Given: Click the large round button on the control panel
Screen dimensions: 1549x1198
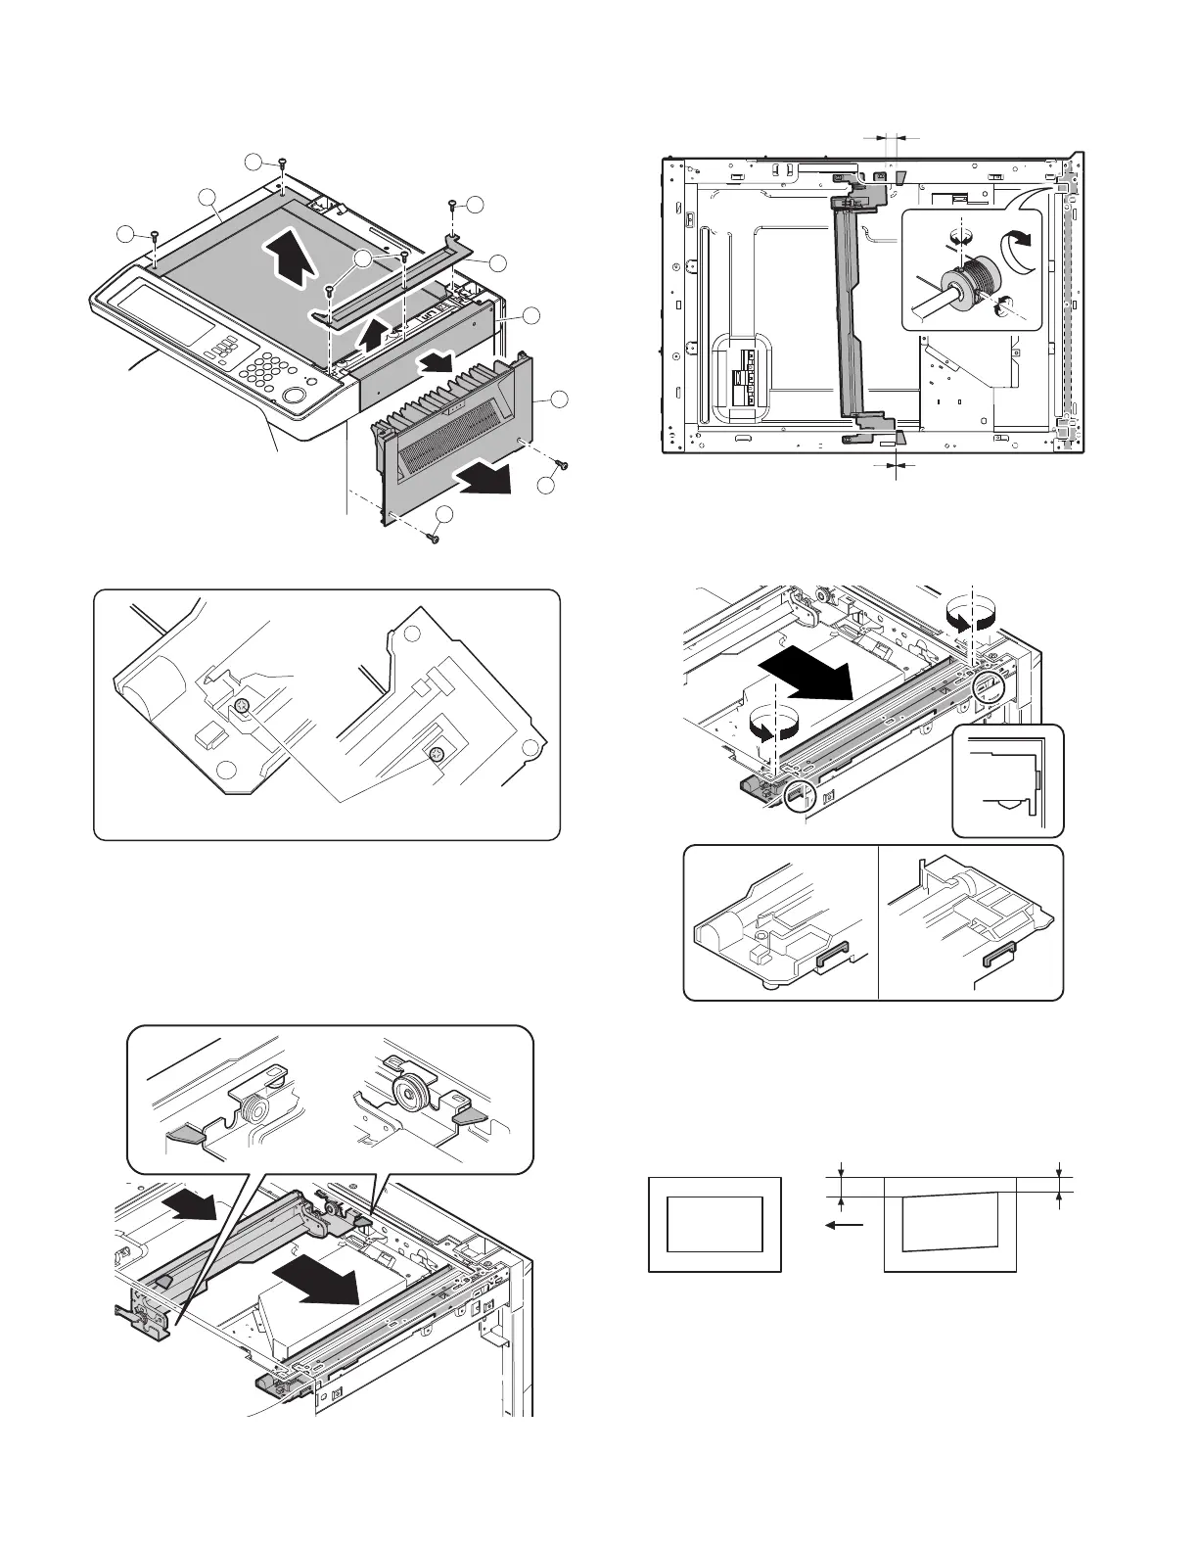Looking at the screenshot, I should [293, 396].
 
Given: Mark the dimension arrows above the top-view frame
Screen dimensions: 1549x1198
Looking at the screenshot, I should [891, 139].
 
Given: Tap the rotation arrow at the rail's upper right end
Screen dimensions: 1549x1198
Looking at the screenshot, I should [972, 616].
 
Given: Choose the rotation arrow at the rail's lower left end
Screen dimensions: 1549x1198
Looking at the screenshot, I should [773, 726].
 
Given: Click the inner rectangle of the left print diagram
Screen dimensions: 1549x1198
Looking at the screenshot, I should [714, 1224].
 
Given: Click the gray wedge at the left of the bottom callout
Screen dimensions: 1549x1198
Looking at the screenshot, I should [185, 1134].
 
